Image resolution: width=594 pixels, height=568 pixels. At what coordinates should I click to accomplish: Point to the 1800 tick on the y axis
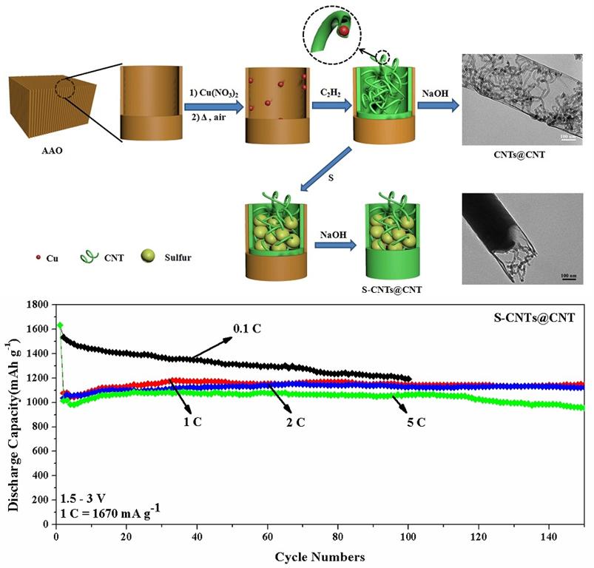point(38,305)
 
